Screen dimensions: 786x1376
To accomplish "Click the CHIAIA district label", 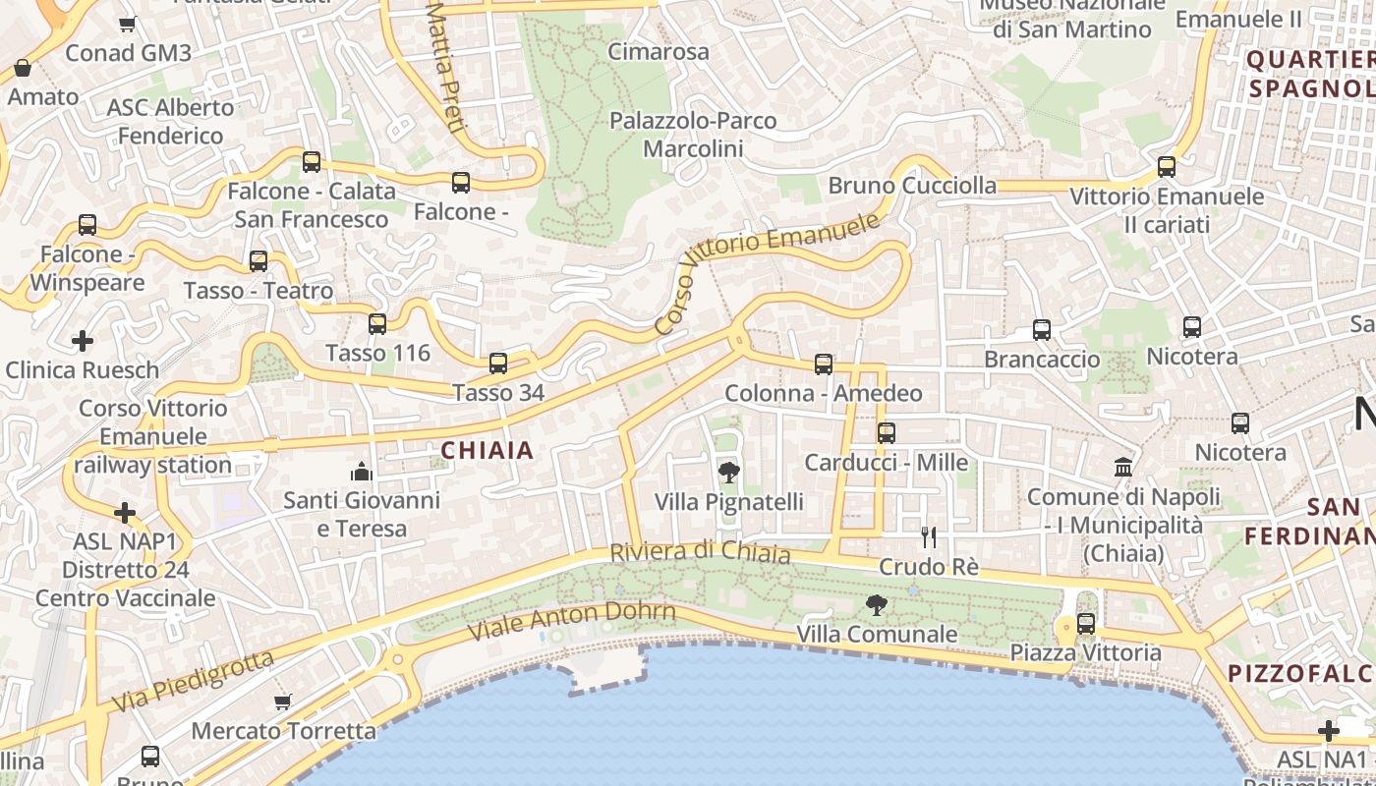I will point(487,451).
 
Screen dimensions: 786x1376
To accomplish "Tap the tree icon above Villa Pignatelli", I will point(729,474).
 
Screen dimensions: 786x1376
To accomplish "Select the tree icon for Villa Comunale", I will point(876,605).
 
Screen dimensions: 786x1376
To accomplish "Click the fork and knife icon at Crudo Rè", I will point(928,537).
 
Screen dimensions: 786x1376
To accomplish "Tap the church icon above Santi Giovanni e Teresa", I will point(362,472).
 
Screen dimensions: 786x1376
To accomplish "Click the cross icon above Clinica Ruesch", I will point(83,341).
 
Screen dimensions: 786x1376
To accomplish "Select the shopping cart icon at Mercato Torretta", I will point(283,702).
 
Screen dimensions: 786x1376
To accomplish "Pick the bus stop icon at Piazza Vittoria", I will point(1086,623).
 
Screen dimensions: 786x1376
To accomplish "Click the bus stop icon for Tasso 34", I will point(498,364).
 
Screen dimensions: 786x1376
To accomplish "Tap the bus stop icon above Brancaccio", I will point(1042,330).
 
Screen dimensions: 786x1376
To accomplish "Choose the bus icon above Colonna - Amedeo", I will point(824,365).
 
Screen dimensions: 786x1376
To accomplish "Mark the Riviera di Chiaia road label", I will point(700,552).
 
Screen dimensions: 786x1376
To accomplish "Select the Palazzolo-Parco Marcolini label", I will point(694,135).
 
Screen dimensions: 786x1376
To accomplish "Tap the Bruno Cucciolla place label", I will point(912,186).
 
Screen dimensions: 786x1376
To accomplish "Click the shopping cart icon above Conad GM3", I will point(127,24).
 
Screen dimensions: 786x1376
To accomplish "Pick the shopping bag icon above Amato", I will point(23,68).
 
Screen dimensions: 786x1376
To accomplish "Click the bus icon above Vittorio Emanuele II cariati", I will point(1167,167).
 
